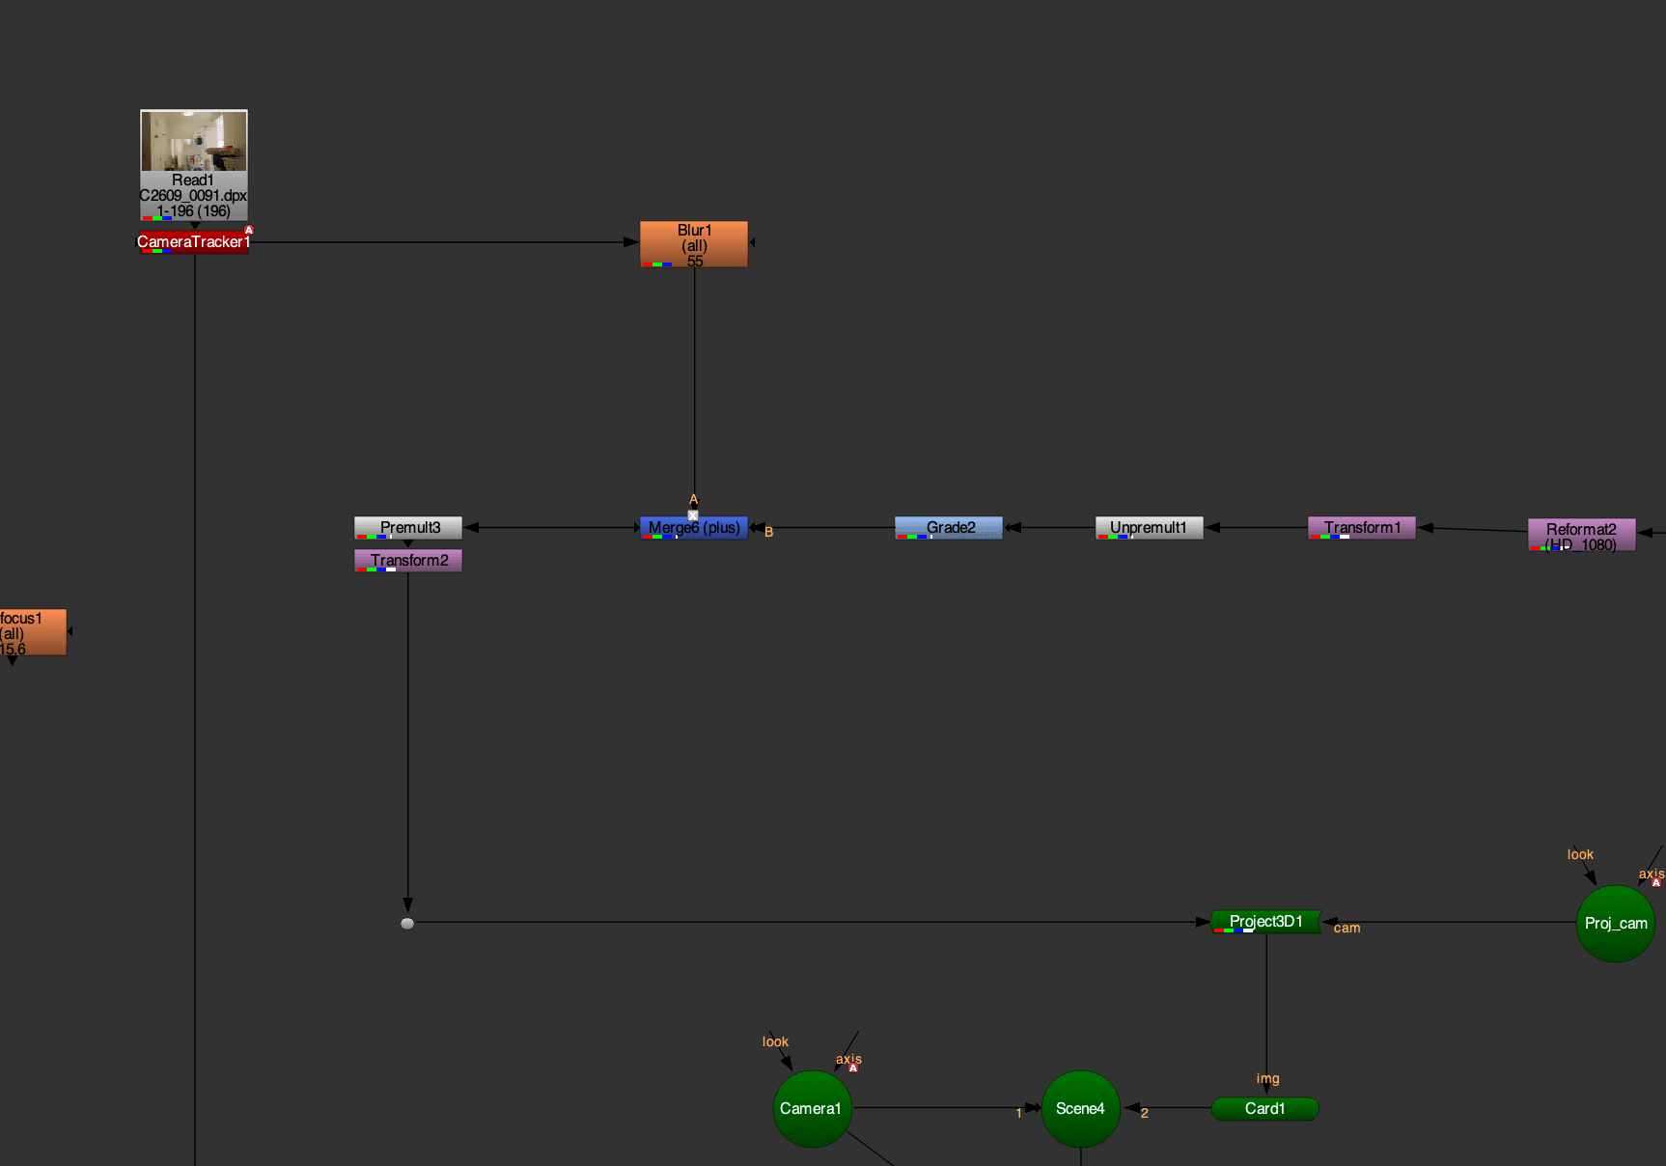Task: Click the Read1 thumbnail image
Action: tap(194, 141)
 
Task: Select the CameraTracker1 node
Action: tap(193, 242)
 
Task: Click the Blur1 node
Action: tap(694, 245)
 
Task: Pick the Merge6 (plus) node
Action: tap(694, 528)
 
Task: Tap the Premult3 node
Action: tap(408, 528)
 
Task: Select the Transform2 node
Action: tap(408, 561)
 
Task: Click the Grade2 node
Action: tap(949, 528)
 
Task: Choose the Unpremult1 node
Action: tap(1149, 528)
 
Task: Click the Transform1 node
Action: tap(1361, 528)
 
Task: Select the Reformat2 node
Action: tap(1581, 536)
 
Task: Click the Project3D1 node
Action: tap(1265, 922)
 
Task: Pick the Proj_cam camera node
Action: tap(1615, 924)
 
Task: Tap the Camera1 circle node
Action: tap(812, 1109)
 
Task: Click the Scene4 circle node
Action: tap(1080, 1109)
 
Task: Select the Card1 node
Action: tap(1264, 1109)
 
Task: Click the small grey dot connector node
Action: tap(407, 924)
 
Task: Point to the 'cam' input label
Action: tap(1347, 929)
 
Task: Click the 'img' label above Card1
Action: tap(1267, 1079)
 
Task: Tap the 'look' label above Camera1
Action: tap(775, 1042)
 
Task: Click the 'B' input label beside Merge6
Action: tap(769, 532)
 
